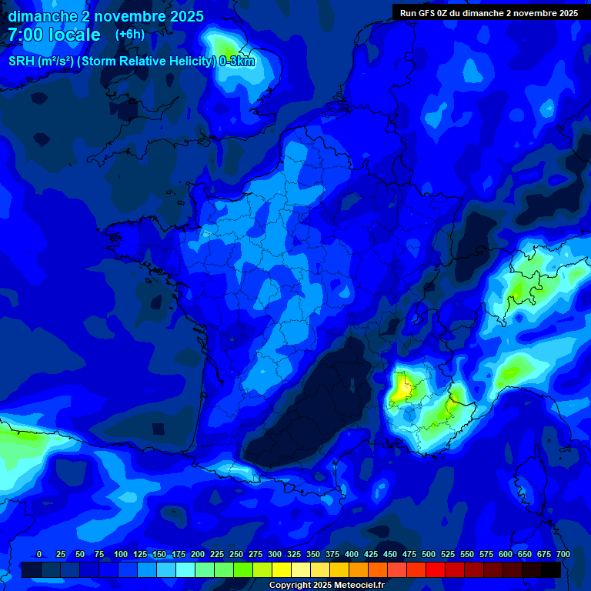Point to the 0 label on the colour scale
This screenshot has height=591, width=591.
39,554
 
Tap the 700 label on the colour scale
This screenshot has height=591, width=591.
563,554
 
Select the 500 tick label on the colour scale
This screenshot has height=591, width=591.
429,554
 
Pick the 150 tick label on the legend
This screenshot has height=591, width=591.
159,554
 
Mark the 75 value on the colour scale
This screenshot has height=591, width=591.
99,554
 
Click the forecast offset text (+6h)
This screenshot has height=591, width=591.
129,35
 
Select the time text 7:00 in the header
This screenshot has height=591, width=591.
25,35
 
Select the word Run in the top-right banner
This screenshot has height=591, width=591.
409,13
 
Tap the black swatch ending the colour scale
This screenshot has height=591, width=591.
551,569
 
